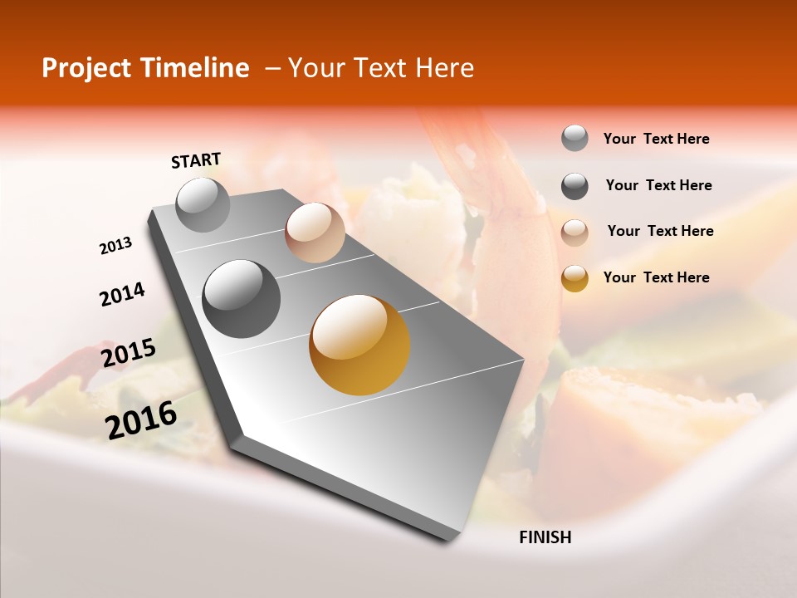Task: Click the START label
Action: (x=196, y=160)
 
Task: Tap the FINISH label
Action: (x=545, y=537)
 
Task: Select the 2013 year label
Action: (x=116, y=246)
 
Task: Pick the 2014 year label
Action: (x=122, y=294)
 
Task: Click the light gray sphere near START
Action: (x=203, y=204)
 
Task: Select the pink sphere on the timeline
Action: (x=315, y=233)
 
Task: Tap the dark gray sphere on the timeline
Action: (x=242, y=299)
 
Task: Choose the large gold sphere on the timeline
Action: (x=359, y=345)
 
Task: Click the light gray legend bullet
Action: (x=575, y=139)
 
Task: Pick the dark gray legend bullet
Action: (x=575, y=186)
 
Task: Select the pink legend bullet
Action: (x=575, y=232)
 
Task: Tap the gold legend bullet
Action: (x=575, y=278)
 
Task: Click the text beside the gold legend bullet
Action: (x=656, y=277)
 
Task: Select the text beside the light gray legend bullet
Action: (x=656, y=139)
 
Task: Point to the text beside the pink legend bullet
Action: (x=660, y=231)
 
